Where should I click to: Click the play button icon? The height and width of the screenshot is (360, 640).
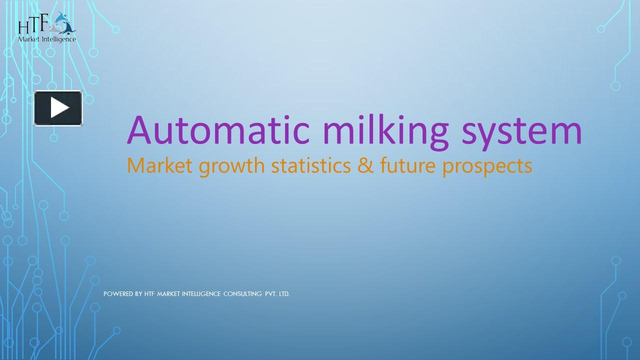(x=58, y=108)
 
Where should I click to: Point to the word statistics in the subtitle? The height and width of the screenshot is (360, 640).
(x=311, y=165)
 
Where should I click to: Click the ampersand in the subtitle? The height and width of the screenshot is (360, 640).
(x=365, y=165)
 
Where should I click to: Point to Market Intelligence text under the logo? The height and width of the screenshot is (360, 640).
(x=47, y=39)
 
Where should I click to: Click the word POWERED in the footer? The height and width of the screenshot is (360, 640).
(x=118, y=294)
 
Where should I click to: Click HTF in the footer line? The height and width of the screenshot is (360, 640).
(x=149, y=294)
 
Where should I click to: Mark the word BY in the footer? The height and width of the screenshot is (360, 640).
(x=138, y=294)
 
